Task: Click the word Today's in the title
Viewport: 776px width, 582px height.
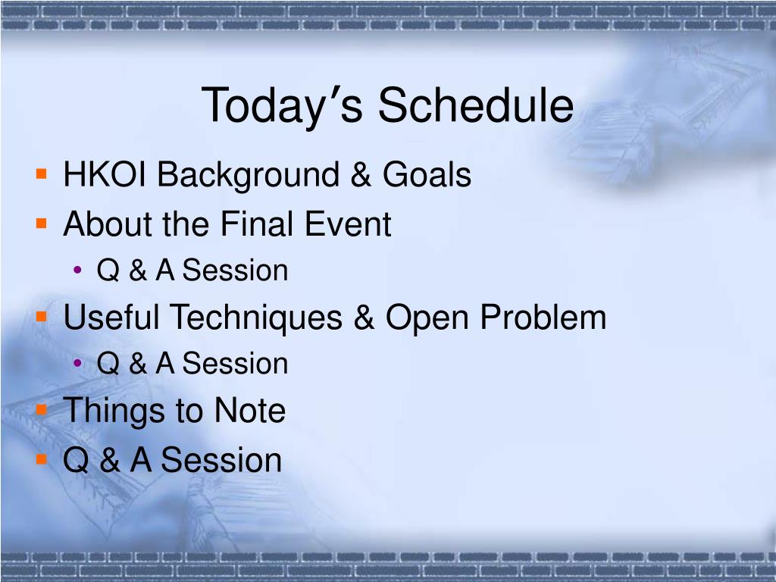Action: [282, 106]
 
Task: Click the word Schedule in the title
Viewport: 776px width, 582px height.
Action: [476, 105]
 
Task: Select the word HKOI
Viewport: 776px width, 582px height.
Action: [105, 175]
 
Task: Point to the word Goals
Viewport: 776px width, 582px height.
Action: [427, 175]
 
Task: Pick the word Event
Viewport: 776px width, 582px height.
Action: [348, 224]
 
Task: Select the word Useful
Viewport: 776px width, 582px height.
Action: [111, 317]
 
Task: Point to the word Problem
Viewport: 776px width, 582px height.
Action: [543, 317]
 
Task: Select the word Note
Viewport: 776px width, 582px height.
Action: [250, 411]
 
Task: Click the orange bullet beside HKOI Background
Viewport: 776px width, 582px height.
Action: [42, 174]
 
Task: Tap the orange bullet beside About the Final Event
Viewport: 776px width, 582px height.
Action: [42, 224]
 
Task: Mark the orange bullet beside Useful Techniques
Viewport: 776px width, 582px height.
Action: [42, 316]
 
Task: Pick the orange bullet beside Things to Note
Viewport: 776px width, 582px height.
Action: [42, 410]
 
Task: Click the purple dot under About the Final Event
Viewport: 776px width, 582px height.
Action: [77, 270]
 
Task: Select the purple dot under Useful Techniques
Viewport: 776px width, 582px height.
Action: [77, 363]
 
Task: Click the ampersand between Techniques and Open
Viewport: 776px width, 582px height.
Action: [364, 318]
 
